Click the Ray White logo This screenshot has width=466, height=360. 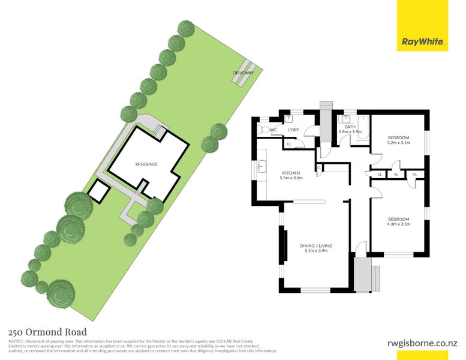422,42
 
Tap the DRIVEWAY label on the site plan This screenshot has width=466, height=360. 243,73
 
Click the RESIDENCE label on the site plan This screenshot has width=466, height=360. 146,164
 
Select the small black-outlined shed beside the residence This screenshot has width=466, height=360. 97,191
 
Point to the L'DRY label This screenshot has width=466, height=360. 293,130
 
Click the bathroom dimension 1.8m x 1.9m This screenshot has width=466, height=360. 350,131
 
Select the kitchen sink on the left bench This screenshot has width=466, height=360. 261,168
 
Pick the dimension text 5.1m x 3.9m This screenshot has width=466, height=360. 316,251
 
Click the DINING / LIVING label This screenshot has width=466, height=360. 316,245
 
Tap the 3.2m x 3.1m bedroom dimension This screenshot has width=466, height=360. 398,143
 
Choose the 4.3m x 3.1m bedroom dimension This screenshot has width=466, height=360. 398,224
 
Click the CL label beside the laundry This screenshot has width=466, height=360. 288,144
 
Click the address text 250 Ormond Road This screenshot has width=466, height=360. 47,332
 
